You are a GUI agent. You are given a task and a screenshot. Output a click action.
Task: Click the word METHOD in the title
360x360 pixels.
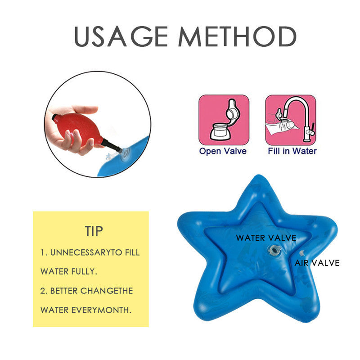[238, 36]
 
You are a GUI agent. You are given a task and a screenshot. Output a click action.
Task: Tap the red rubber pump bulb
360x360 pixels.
[78, 129]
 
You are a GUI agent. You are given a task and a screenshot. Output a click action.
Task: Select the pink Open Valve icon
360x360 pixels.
[224, 120]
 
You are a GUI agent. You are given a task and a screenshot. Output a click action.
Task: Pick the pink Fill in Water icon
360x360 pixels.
[291, 120]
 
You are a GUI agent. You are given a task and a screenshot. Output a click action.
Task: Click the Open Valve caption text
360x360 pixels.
[223, 151]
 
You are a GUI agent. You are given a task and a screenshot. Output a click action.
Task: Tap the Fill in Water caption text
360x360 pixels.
[292, 151]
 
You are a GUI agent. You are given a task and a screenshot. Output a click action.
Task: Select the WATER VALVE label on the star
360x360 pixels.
[266, 238]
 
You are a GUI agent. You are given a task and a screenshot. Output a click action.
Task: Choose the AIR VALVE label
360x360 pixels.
[317, 263]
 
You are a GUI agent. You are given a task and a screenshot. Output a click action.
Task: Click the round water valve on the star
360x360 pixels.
[275, 251]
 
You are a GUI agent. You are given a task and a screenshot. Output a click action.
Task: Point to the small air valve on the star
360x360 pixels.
[302, 253]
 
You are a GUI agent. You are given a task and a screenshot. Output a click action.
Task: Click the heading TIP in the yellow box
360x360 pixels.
[94, 231]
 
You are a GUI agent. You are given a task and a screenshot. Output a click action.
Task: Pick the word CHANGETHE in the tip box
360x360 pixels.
[107, 291]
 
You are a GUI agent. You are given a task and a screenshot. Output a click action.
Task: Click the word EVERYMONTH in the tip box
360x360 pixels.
[101, 310]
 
